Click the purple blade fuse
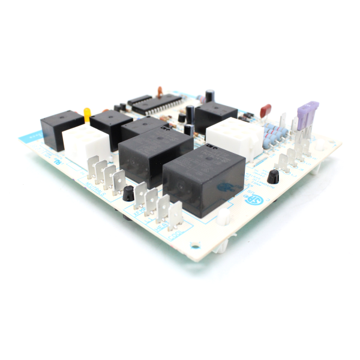[307, 113]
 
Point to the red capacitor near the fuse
[265, 110]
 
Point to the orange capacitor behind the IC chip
[160, 91]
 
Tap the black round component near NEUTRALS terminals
[128, 193]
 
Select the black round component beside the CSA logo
[273, 176]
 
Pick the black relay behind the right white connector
[215, 115]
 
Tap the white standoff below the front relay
[223, 217]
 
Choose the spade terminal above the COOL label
[175, 216]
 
